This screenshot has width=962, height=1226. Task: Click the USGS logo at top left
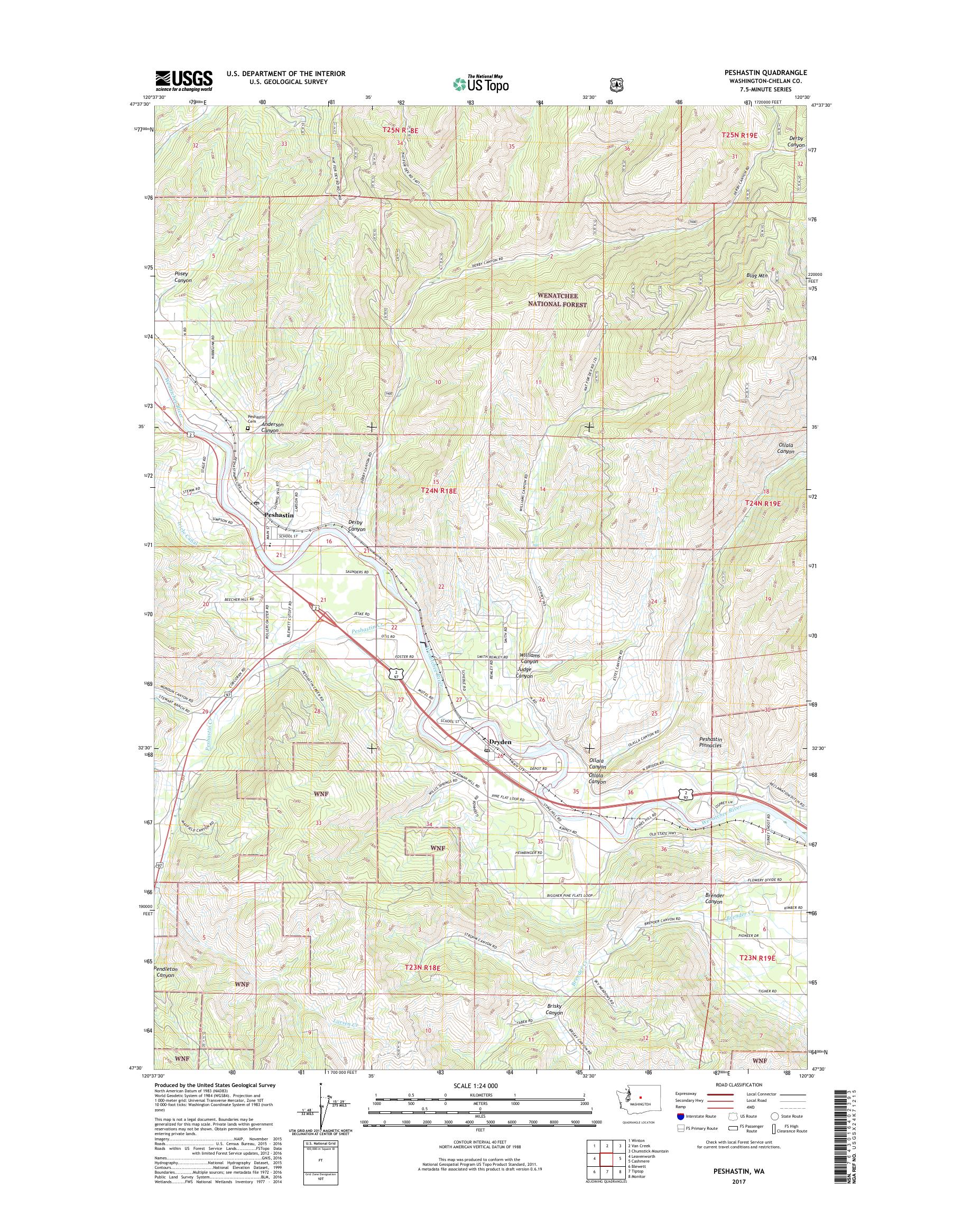tap(183, 80)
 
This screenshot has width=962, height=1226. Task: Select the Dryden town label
tap(500, 742)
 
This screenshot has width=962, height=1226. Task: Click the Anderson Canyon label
tap(272, 428)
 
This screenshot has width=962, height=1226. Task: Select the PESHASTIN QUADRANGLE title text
tap(767, 72)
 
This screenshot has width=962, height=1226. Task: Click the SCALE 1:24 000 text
tap(479, 1086)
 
